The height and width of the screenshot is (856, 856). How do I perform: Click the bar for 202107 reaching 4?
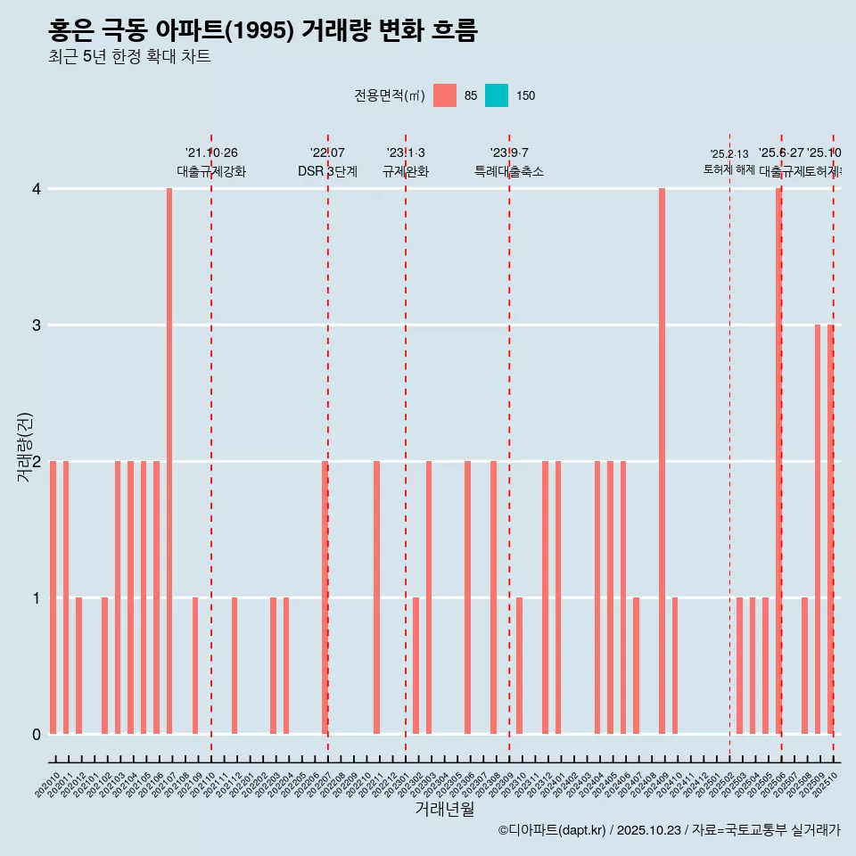[169, 461]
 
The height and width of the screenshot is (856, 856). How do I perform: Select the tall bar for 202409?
[662, 461]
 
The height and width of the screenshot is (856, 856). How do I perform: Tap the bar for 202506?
[778, 461]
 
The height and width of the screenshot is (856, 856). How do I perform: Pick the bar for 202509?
[817, 529]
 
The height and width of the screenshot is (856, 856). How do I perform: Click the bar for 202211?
[376, 597]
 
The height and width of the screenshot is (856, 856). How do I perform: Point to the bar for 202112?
[235, 665]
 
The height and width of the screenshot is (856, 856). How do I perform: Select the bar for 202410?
[675, 665]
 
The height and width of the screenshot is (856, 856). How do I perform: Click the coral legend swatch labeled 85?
[444, 95]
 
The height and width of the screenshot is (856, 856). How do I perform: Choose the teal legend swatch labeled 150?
[497, 95]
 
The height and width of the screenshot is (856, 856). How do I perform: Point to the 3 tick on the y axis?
[37, 325]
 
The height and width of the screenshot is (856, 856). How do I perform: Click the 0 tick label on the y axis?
[37, 735]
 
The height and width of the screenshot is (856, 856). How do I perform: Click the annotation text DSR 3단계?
[327, 172]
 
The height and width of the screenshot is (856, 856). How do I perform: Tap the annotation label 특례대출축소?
[509, 172]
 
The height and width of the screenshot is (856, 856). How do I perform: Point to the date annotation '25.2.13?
[729, 154]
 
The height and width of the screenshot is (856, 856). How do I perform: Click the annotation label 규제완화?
[406, 172]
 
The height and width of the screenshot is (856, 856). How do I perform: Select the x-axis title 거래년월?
[444, 809]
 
